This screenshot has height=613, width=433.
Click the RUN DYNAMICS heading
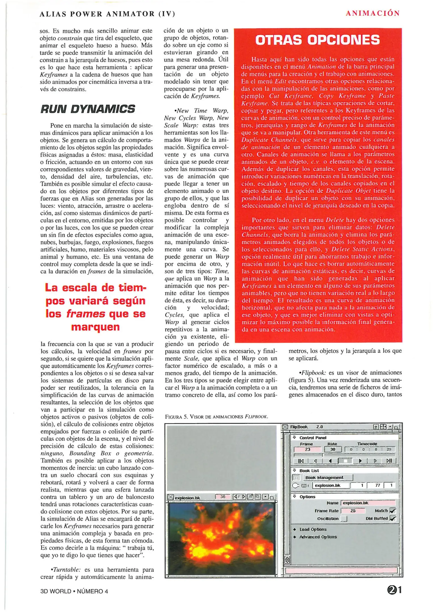click(x=88, y=109)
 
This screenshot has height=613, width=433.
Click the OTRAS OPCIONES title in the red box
click(x=317, y=40)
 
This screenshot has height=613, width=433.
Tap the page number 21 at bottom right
click(x=394, y=590)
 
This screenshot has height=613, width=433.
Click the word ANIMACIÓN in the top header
click(x=373, y=13)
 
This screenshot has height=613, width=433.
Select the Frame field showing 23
click(x=307, y=449)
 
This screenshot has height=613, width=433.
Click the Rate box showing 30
click(x=333, y=449)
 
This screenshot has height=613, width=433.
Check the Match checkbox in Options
click(x=392, y=511)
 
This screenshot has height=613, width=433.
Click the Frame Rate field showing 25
click(x=353, y=511)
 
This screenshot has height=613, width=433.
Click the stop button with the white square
click(x=345, y=461)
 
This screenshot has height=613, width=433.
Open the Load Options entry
click(x=313, y=529)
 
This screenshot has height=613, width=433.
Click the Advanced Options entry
click(x=318, y=537)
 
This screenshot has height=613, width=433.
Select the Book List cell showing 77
click(x=377, y=485)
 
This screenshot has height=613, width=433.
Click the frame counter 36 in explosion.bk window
click(x=223, y=497)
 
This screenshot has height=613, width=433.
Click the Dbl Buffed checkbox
click(x=392, y=518)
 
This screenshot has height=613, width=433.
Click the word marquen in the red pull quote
click(x=95, y=327)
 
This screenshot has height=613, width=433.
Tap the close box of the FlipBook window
click(x=285, y=427)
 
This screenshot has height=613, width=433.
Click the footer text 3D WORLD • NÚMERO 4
click(x=74, y=591)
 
